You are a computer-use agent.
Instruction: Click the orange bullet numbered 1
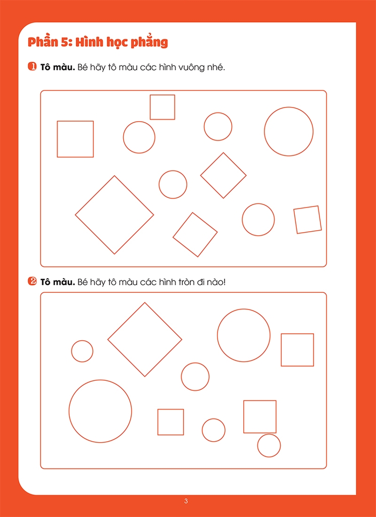[x=32, y=67]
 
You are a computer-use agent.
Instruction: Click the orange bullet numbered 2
[x=32, y=282]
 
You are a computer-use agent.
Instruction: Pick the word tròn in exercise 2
[x=188, y=283]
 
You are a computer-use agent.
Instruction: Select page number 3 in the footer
[x=186, y=501]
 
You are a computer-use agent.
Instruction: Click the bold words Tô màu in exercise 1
[x=58, y=68]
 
